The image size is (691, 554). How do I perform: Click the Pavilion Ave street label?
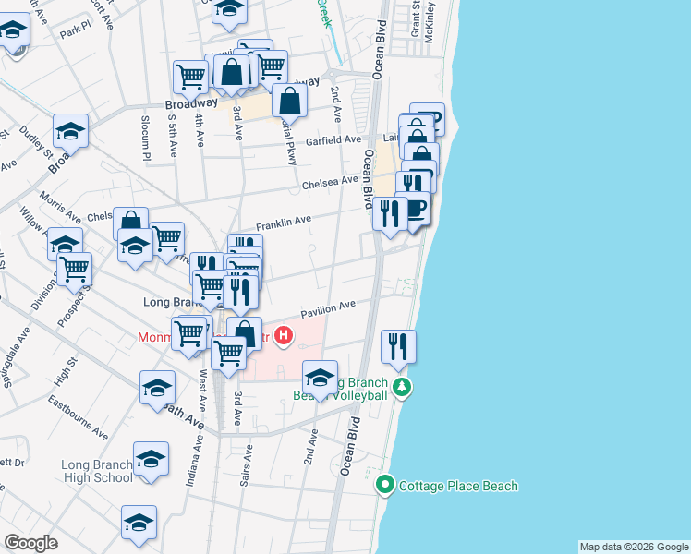point(333,307)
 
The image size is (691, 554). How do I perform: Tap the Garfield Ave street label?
point(333,140)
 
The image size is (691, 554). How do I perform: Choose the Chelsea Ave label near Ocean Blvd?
point(329,183)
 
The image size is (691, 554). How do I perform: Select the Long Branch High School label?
point(97,471)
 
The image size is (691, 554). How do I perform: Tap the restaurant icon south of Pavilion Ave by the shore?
point(398,347)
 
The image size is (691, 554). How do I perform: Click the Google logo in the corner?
point(30,543)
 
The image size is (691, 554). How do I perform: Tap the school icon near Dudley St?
point(69,132)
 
